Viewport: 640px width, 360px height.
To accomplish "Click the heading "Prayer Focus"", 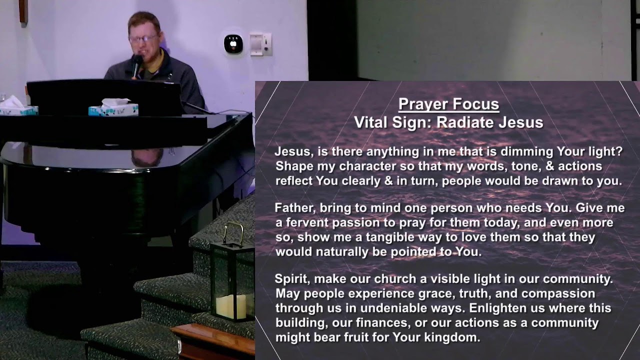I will click(x=448, y=104).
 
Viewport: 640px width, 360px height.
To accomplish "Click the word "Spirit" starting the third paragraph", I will click(x=291, y=278).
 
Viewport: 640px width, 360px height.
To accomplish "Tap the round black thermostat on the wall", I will click(x=233, y=44).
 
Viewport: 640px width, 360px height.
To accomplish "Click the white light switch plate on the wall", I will click(x=260, y=44).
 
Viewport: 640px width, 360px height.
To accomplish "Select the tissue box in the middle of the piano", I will click(x=113, y=108).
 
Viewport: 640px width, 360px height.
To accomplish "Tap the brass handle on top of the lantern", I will click(x=233, y=232).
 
